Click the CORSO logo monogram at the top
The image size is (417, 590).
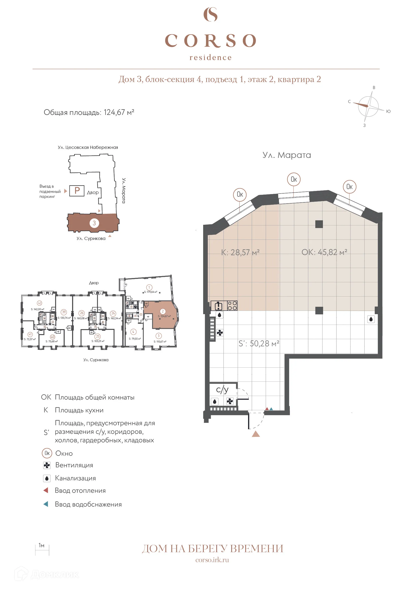pos(210,15)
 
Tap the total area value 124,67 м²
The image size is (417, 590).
pos(119,112)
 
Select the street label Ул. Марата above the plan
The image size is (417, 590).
pos(287,155)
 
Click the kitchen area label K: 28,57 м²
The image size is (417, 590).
pos(240,252)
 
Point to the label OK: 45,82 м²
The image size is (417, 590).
pos(324,252)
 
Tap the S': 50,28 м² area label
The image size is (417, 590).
pos(259,344)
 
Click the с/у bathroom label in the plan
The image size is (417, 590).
pos(222,390)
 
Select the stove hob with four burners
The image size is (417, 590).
pos(232,306)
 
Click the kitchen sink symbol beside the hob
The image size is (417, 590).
pos(219,306)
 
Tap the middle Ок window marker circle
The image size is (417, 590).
pos(293,179)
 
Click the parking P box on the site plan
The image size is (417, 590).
pos(77,191)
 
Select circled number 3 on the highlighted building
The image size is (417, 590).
pos(94,223)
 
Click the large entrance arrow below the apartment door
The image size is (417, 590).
pos(256,434)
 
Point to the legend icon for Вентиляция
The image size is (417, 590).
pos(47,465)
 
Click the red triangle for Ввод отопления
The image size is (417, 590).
pos(46,490)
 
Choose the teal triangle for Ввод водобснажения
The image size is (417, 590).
pos(46,504)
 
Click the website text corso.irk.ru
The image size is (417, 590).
pos(212,560)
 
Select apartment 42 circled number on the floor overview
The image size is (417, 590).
pos(39,303)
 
